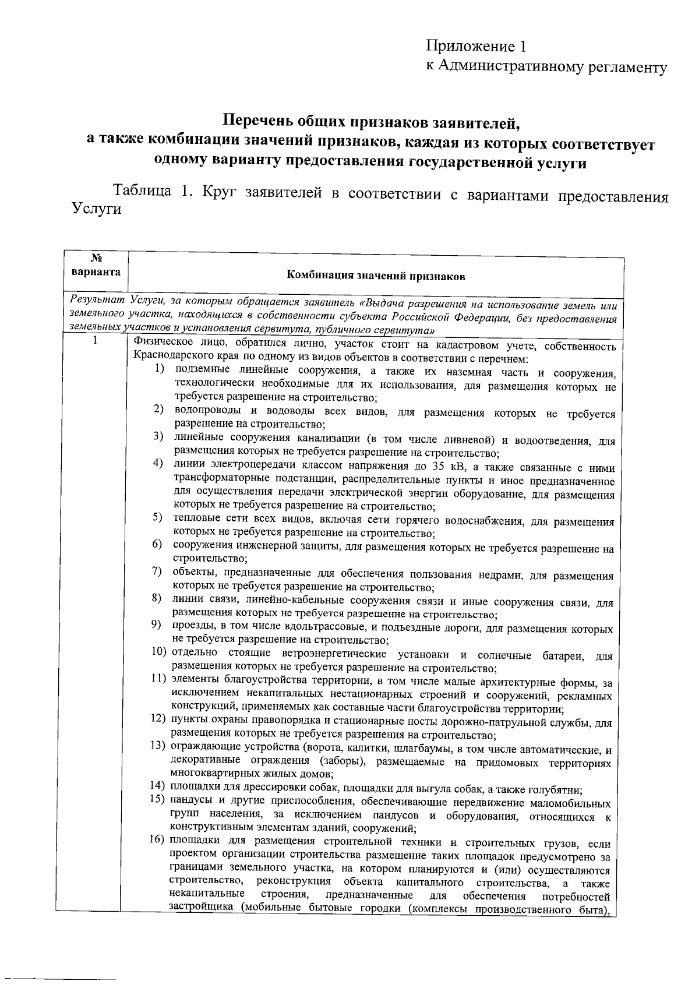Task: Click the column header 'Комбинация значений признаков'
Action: (376, 276)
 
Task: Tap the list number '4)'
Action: (158, 464)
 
